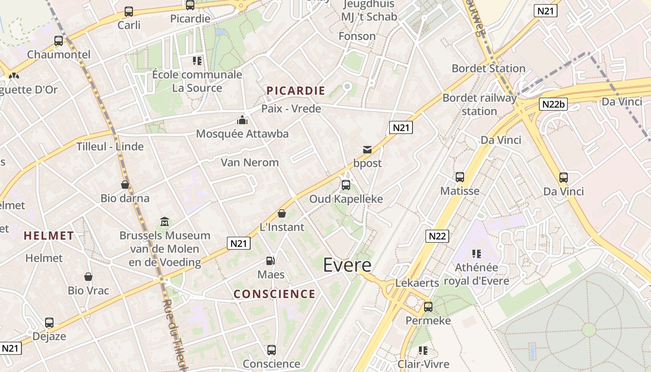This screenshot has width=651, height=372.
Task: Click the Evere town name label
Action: pos(347,265)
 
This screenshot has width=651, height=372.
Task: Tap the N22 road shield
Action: pos(437,236)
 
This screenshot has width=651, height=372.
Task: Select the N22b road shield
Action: pos(553,104)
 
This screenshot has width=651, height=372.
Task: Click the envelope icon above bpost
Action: pos(367,150)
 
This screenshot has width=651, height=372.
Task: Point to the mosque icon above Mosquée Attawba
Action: pos(242,120)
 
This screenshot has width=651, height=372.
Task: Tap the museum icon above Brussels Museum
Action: pos(165,222)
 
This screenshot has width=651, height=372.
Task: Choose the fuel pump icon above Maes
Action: pos(271,261)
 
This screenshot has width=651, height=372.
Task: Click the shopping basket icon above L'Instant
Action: pos(281,213)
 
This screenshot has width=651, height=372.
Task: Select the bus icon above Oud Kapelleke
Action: pos(346,185)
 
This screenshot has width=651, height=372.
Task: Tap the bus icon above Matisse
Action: pos(460,177)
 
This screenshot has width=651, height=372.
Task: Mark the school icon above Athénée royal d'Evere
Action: pos(476,254)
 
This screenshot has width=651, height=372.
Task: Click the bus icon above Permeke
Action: pos(428,307)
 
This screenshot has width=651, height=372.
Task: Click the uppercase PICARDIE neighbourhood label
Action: pos(296,91)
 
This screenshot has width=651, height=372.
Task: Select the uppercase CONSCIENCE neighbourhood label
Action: pos(274,294)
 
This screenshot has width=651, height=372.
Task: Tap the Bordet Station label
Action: pos(489,69)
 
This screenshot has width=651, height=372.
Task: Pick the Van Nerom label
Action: pos(250,162)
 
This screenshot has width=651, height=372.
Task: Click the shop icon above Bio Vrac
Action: pos(88,277)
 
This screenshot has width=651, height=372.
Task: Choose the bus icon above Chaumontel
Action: pos(59,41)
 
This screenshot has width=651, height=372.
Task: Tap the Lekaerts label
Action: pos(417,283)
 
